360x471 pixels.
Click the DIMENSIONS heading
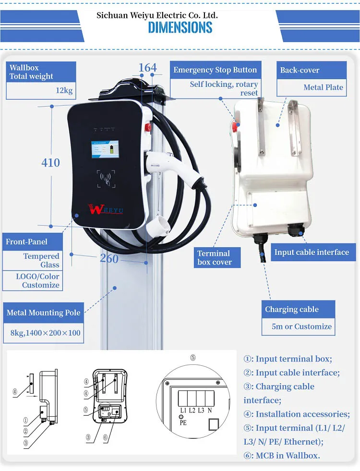coord(180,27)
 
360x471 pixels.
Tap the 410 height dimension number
coord(50,163)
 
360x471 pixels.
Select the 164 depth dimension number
coord(147,68)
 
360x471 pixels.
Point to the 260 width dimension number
coord(109,258)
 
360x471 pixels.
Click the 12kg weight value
coord(64,90)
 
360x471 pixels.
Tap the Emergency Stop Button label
coord(215,70)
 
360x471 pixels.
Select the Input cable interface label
coord(312,252)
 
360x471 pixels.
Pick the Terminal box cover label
coord(214,258)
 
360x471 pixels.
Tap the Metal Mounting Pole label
coord(44,313)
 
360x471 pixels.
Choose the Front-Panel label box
coord(27,242)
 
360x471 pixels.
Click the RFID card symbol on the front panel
coord(106,179)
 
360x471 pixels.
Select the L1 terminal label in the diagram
coord(183,411)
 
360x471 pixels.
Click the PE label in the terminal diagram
coord(183,423)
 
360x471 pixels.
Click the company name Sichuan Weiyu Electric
coord(157,15)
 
